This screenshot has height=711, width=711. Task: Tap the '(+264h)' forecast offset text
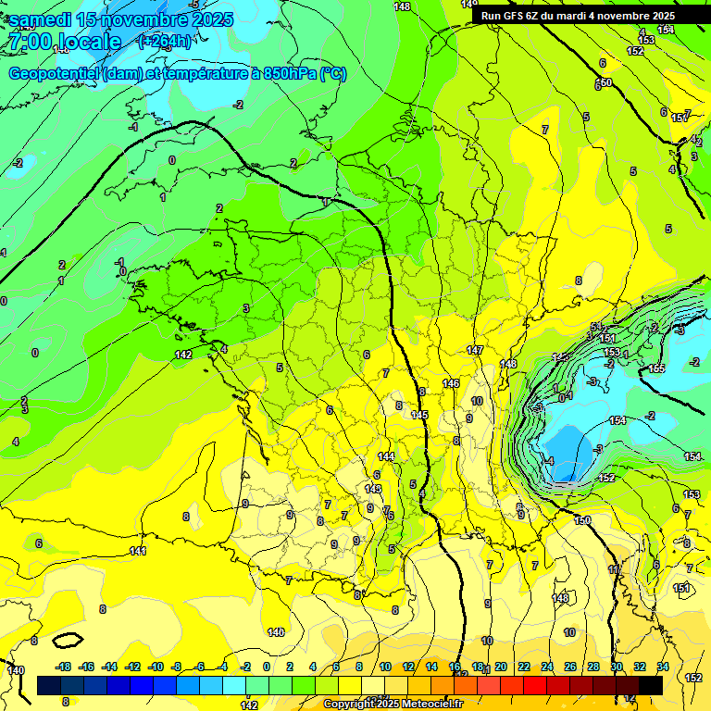pyautogui.click(x=164, y=41)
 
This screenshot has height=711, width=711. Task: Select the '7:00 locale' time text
pyautogui.click(x=64, y=42)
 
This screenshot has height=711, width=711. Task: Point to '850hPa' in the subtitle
pyautogui.click(x=285, y=74)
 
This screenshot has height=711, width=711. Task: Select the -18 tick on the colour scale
pyautogui.click(x=64, y=667)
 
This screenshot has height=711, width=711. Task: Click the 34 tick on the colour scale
pyautogui.click(x=663, y=667)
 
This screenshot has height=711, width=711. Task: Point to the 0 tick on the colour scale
pyautogui.click(x=267, y=667)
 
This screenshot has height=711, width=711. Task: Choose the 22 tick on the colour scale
pyautogui.click(x=524, y=667)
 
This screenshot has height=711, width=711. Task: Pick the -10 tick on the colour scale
pyautogui.click(x=156, y=667)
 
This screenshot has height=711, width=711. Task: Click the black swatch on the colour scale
pyautogui.click(x=651, y=685)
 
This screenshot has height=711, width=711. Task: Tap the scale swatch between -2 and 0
pyautogui.click(x=256, y=685)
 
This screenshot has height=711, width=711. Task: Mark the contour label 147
pyautogui.click(x=475, y=350)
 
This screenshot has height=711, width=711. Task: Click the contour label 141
pyautogui.click(x=138, y=551)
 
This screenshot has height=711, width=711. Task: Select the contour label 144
pyautogui.click(x=386, y=456)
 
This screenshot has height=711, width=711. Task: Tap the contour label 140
pyautogui.click(x=16, y=670)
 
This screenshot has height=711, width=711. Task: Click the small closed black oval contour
pyautogui.click(x=68, y=639)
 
